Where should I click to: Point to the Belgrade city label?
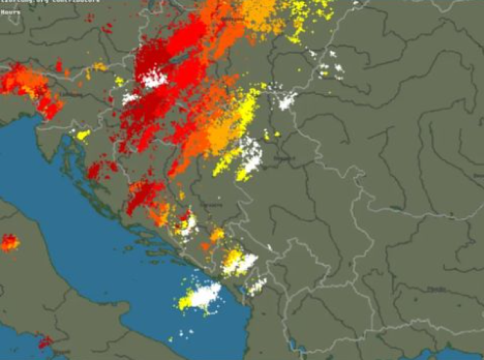[283, 159]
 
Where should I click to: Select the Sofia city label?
[436, 290]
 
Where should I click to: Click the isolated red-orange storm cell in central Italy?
[9, 243]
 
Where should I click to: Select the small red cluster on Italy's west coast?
[45, 342]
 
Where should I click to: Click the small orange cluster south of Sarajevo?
[217, 235]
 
